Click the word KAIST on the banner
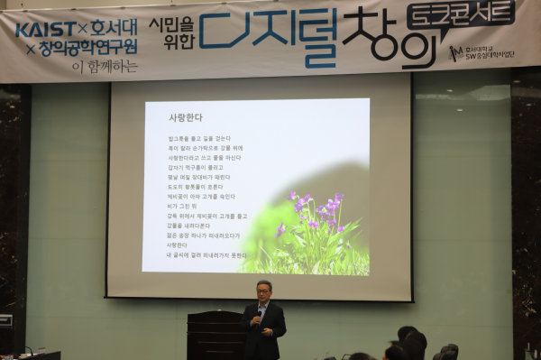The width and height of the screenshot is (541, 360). [46, 29]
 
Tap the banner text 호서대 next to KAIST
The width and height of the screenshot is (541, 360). [113, 28]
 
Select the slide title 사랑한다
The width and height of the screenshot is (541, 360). [186, 117]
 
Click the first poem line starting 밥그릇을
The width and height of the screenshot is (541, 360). [198, 138]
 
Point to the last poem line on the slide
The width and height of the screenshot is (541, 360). [206, 254]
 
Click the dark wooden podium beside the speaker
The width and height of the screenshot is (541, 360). [215, 334]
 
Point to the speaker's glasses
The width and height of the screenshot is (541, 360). [263, 290]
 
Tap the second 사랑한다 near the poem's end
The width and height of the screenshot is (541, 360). [177, 245]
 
